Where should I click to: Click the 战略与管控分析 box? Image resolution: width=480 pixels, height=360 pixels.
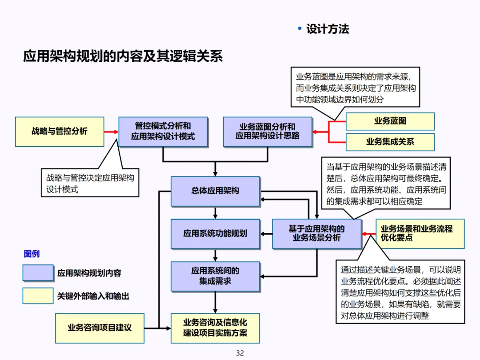point(60,132)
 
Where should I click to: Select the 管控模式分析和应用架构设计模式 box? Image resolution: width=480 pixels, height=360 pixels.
point(163,132)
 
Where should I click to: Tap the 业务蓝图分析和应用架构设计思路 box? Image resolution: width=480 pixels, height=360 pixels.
point(268,132)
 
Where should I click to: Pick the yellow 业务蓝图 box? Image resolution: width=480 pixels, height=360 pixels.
point(390,121)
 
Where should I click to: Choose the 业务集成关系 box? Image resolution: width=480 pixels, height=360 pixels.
point(390,142)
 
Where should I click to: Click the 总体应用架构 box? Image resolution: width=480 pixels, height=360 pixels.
point(216,191)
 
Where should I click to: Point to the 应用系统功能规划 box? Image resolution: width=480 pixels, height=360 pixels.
point(216,233)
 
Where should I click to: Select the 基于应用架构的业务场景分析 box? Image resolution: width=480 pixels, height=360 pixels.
point(316,233)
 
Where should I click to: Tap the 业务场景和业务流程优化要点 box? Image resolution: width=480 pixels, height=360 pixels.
point(420,233)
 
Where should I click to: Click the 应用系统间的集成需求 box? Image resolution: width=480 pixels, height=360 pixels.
point(216,276)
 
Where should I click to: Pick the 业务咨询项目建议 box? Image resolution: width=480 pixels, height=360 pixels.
point(100,328)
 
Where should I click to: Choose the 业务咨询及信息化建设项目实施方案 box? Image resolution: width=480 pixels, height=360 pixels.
point(216,328)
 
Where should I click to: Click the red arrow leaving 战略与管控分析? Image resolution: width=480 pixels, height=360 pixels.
point(111,132)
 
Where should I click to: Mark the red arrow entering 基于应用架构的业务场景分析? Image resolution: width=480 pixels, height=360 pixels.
point(368,233)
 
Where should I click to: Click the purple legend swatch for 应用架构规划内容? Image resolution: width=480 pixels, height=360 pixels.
point(38,273)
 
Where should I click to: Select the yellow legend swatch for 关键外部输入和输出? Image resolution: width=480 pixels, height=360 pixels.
point(38,296)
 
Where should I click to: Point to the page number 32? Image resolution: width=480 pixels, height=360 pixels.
point(240,353)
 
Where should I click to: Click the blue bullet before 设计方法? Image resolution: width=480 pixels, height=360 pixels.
point(300,29)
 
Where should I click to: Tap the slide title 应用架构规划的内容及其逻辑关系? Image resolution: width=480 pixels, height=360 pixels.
point(123,56)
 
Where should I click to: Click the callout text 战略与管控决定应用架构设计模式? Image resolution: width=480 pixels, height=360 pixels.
point(90,183)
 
